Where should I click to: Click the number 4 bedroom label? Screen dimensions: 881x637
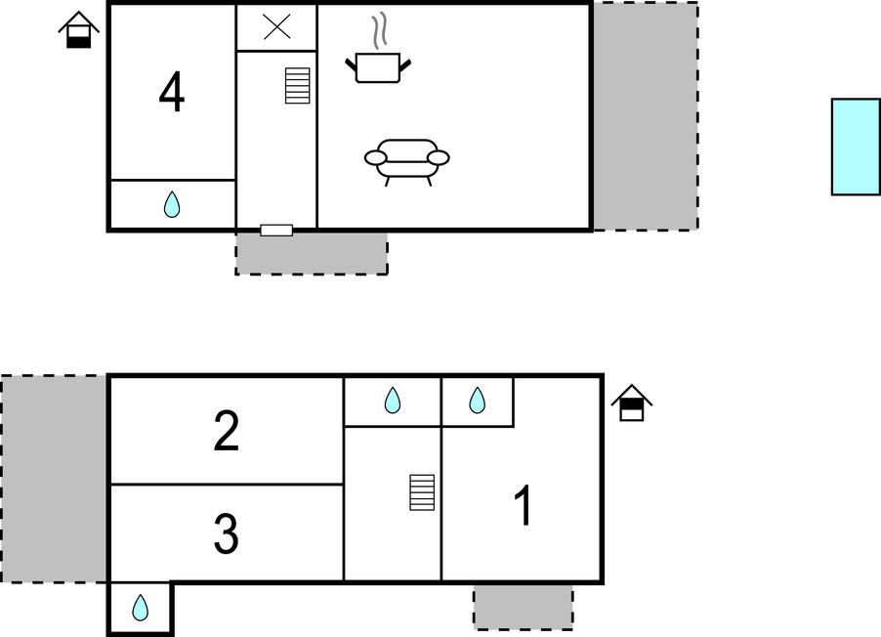pyautogui.click(x=172, y=92)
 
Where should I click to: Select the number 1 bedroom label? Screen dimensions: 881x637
pyautogui.click(x=524, y=506)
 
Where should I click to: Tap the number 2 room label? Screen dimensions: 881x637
pyautogui.click(x=227, y=431)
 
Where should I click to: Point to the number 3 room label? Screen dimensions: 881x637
pyautogui.click(x=227, y=533)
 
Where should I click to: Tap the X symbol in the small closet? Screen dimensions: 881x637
pyautogui.click(x=277, y=27)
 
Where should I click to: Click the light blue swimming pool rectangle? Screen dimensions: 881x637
pyautogui.click(x=856, y=147)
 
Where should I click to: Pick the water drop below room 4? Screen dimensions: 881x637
pyautogui.click(x=172, y=204)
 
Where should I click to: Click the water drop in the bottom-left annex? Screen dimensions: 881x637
pyautogui.click(x=140, y=608)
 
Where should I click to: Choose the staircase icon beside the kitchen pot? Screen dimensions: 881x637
pyautogui.click(x=298, y=85)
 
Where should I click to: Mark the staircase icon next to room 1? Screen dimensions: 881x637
pyautogui.click(x=422, y=492)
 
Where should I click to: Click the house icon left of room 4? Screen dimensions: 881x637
pyautogui.click(x=79, y=29)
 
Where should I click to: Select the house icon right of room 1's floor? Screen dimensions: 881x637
pyautogui.click(x=632, y=403)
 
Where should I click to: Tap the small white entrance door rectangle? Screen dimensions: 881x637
pyautogui.click(x=276, y=230)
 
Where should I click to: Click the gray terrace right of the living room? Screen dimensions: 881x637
pyautogui.click(x=646, y=116)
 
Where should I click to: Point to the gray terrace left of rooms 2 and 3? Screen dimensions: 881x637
pyautogui.click(x=54, y=479)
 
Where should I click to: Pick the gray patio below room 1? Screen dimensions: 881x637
pyautogui.click(x=524, y=608)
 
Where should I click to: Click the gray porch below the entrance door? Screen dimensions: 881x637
pyautogui.click(x=312, y=254)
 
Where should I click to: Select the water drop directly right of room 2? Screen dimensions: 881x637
pyautogui.click(x=393, y=401)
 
